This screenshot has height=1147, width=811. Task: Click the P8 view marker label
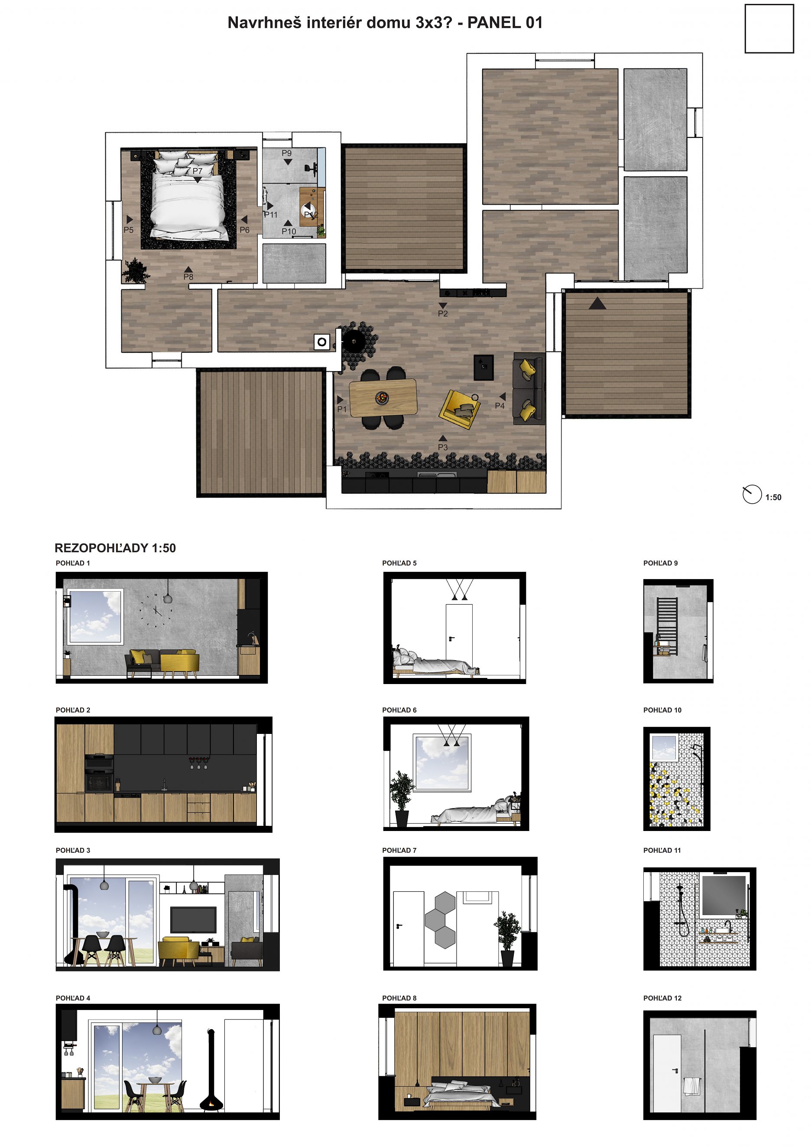188,277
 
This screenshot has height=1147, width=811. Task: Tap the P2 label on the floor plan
443,314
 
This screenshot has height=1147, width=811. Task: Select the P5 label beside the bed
128,230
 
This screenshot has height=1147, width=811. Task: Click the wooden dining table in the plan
383,398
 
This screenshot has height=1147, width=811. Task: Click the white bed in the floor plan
188,200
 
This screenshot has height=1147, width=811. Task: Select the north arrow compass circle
752,494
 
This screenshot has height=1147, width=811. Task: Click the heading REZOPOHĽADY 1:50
115,548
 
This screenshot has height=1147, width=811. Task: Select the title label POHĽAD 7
399,850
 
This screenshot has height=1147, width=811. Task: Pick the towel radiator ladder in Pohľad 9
667,626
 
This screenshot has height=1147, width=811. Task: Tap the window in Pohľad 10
664,748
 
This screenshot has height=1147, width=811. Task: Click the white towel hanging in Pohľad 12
691,1087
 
